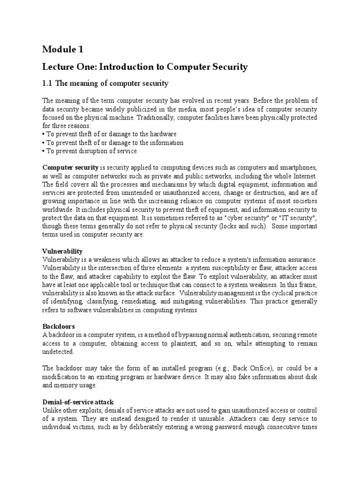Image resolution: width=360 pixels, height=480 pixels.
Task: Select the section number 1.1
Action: pyautogui.click(x=47, y=83)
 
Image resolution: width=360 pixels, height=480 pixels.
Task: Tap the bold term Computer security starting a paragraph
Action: pyautogui.click(x=70, y=167)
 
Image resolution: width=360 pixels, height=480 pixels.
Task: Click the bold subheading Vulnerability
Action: pyautogui.click(x=62, y=251)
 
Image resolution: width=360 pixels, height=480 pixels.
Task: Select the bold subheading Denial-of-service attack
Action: pyautogui.click(x=78, y=402)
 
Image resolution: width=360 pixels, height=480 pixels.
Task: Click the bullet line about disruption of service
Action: pyautogui.click(x=90, y=150)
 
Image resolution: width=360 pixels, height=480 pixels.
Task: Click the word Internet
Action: pyautogui.click(x=305, y=176)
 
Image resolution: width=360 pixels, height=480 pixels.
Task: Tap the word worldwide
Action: pyautogui.click(x=57, y=210)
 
